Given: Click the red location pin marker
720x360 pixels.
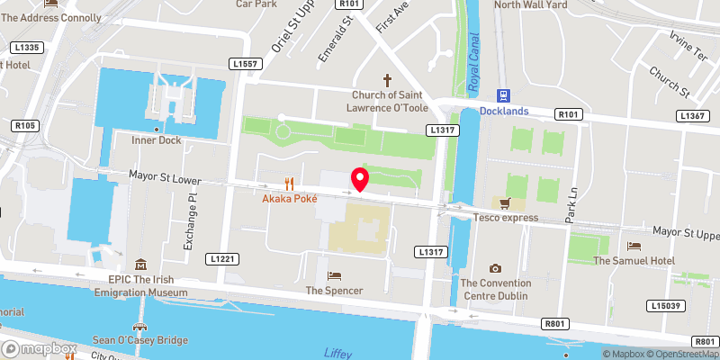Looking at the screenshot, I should tap(360, 178).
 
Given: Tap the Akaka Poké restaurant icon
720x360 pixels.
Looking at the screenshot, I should tap(289, 182).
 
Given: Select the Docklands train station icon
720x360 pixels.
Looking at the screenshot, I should tap(503, 94).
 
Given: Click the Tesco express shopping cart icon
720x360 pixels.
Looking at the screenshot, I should tap(505, 203).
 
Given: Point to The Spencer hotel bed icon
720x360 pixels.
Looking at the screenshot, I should tap(334, 275).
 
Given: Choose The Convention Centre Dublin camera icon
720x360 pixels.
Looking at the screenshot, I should tap(494, 268).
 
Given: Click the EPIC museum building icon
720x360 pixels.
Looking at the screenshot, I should tap(140, 265).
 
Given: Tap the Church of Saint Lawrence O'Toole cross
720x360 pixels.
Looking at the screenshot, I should tap(389, 80).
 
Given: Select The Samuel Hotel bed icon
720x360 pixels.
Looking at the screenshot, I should tap(634, 246).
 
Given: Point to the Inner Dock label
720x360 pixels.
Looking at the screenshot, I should tap(157, 139).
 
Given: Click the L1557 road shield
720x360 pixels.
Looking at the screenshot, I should tap(245, 64).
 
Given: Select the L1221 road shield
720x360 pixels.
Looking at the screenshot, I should tap(224, 259).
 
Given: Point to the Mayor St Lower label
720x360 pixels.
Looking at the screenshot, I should tap(164, 179).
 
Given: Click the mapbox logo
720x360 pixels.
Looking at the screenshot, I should tap(39, 348).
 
